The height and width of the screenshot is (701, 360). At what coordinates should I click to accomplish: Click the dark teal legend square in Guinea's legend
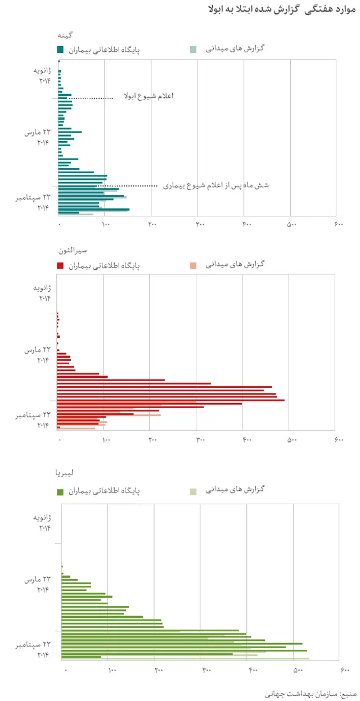click(x=60, y=49)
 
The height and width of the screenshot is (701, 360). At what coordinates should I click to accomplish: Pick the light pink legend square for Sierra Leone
click(x=193, y=264)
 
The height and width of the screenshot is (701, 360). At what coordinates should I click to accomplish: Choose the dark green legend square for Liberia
click(x=60, y=491)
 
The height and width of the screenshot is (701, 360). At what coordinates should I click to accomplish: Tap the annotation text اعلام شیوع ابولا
click(x=148, y=96)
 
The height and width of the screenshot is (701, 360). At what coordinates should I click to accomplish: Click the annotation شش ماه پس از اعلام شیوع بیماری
click(x=215, y=185)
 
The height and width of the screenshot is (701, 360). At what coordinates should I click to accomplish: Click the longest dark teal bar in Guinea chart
click(x=93, y=209)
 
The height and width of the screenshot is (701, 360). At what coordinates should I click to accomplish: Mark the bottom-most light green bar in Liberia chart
click(x=185, y=658)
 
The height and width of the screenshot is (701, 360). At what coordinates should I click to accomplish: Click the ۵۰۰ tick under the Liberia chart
click(x=298, y=670)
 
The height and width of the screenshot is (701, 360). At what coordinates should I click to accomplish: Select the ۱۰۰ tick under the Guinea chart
click(x=105, y=224)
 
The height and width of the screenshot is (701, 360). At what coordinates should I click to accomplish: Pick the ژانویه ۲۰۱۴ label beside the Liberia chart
click(x=43, y=522)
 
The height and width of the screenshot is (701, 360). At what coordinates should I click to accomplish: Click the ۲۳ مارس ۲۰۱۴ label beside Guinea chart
click(x=37, y=137)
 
